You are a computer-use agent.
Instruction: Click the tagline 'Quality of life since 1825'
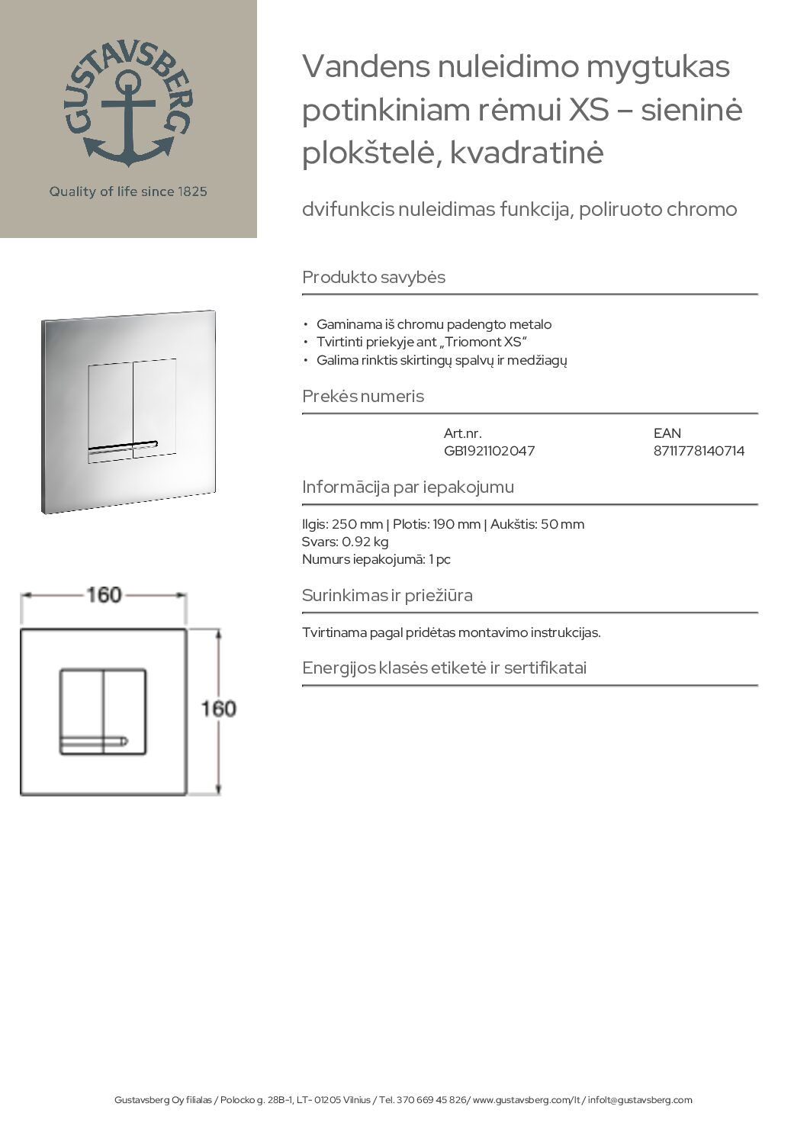point(128,191)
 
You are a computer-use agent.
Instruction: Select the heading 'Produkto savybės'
point(374,277)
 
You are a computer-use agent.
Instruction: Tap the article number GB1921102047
point(489,451)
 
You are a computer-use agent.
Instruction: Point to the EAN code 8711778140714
point(699,451)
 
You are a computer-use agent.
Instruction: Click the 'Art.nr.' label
point(462,433)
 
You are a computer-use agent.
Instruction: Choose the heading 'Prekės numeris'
point(363,396)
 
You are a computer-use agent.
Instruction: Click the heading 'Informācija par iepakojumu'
point(408,487)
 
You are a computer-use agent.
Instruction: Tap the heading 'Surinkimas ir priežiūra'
point(387,595)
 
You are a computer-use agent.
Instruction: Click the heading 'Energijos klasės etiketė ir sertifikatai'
point(444,668)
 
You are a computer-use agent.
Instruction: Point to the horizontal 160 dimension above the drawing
point(104,594)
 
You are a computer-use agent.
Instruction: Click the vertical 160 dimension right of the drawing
point(218,709)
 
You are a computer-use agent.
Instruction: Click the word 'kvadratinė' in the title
point(527,153)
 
